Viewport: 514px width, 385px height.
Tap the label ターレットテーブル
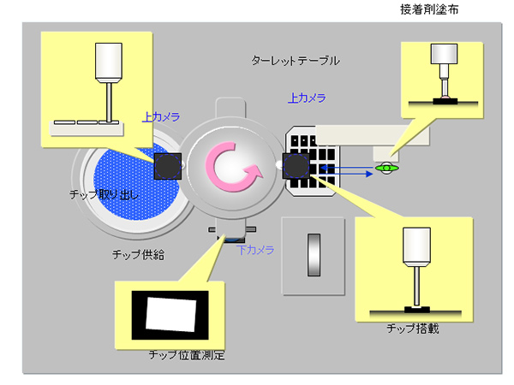click(x=296, y=62)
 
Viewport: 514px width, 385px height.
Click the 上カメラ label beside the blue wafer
click(x=161, y=115)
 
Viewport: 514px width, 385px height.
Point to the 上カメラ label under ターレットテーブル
click(x=307, y=98)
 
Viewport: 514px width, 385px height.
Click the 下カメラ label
click(x=255, y=250)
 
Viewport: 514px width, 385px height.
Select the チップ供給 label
click(x=138, y=254)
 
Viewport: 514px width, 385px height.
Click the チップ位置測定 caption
click(x=186, y=354)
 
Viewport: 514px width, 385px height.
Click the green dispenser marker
click(x=387, y=169)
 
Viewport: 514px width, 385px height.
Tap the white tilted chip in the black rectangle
click(x=169, y=312)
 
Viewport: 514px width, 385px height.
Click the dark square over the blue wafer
click(x=167, y=165)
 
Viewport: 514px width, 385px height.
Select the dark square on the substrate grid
click(x=296, y=166)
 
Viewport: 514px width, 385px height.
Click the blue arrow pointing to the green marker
click(x=351, y=169)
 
